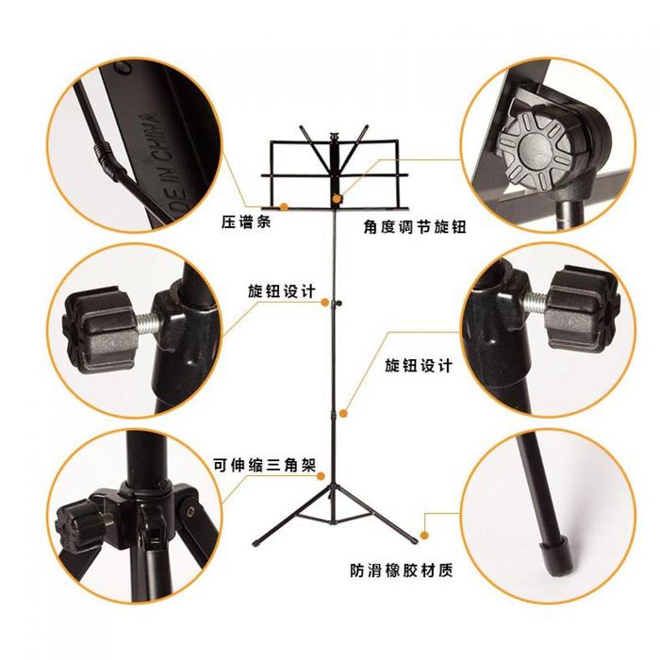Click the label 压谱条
coord(246,222)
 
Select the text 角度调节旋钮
coord(415,227)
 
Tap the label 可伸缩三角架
coord(265,465)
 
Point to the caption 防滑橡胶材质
coord(402,570)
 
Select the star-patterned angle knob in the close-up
coord(535,149)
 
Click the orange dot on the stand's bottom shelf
coord(284,206)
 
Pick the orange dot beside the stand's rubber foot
coord(424,536)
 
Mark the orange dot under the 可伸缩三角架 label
coord(321,476)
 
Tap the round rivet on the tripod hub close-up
coord(191,511)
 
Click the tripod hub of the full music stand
coord(334,489)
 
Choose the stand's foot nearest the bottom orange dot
coord(413,540)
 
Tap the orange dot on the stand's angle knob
coord(337,198)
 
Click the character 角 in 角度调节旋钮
coord(370,227)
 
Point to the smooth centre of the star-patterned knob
coord(534,149)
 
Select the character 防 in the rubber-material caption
coord(356,570)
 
